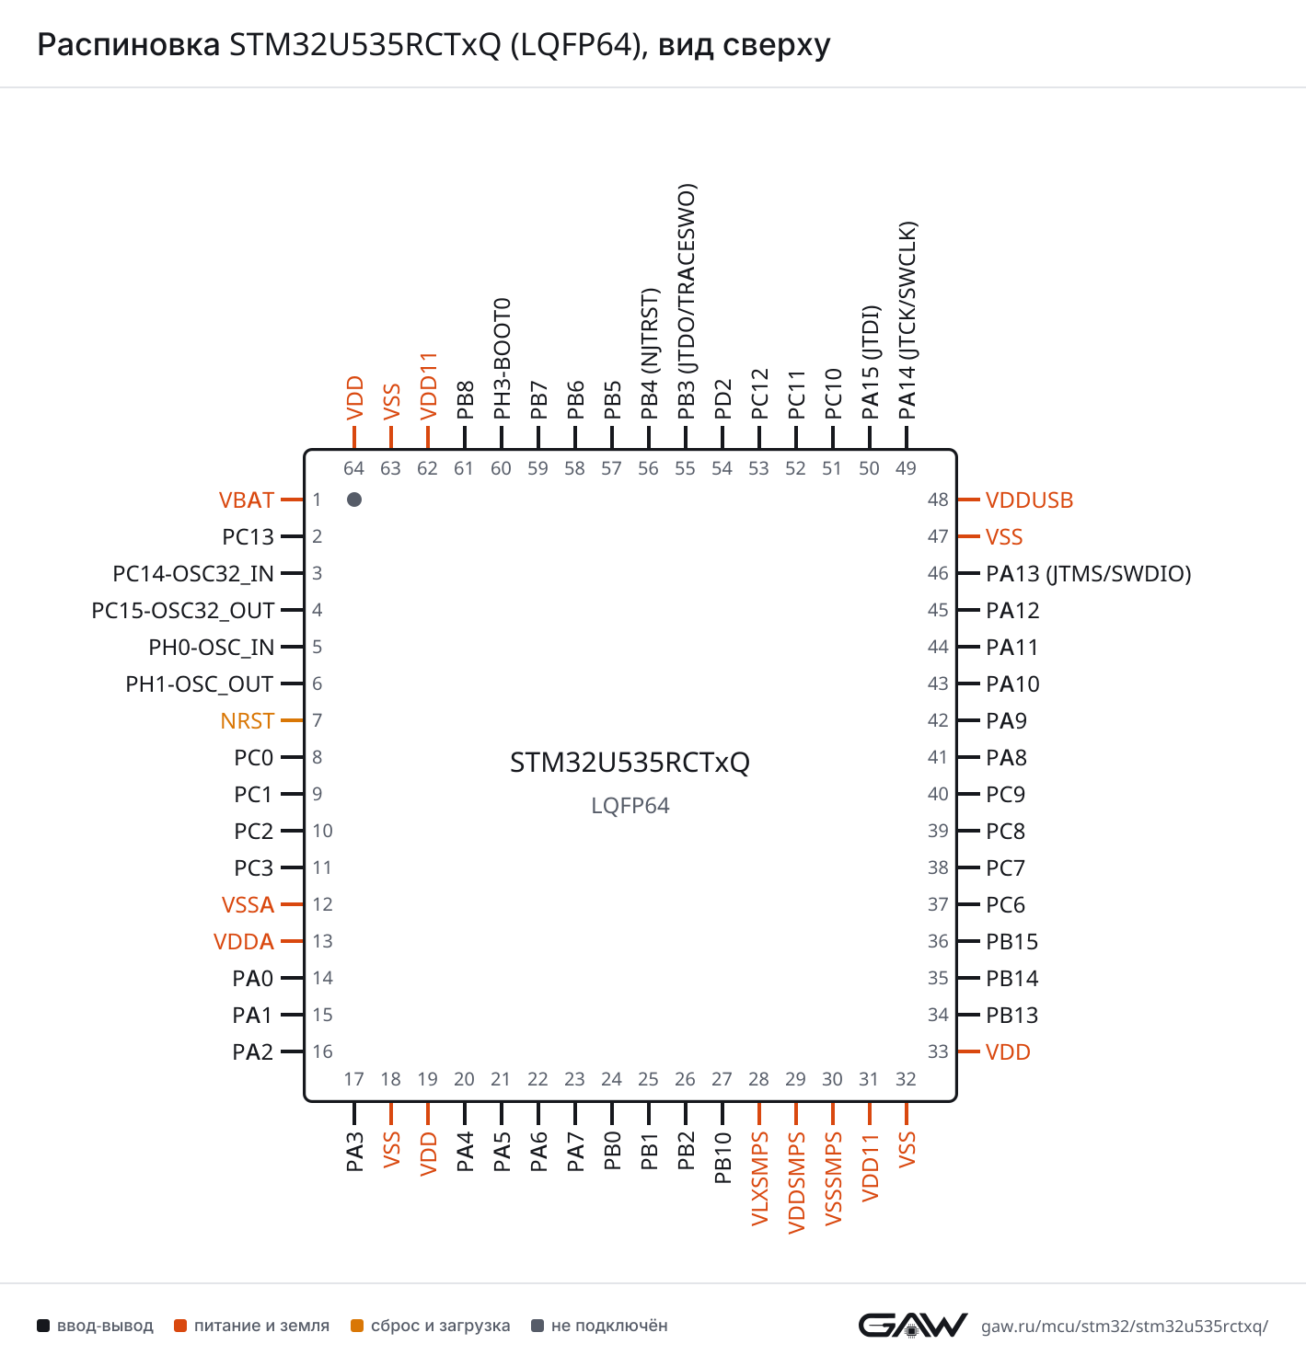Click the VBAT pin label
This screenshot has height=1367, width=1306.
coord(246,500)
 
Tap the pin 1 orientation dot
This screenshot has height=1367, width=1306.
coord(354,500)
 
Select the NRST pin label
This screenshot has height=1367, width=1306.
coord(247,720)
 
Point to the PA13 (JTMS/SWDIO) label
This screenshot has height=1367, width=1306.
coord(1088,574)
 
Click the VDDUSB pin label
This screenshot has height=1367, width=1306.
coord(1029,500)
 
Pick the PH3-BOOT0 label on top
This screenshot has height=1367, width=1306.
coord(502,359)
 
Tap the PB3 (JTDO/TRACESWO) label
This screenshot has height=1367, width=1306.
coord(686,302)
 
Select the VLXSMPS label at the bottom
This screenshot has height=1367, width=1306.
coord(760,1178)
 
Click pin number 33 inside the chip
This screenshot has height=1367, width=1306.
coord(938,1051)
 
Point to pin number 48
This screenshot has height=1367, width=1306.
coord(938,500)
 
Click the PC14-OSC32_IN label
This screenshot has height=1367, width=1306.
coord(193,574)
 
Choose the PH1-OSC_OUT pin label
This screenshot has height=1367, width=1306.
coord(200,684)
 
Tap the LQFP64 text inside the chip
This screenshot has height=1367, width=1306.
coord(630,805)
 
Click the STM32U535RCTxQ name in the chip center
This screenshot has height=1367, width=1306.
coord(630,763)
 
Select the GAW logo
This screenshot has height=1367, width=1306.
coord(912,1326)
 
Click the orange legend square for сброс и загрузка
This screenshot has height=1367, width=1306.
coord(357,1326)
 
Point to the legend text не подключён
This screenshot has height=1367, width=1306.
coord(608,1326)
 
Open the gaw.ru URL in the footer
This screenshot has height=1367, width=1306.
coord(1125,1327)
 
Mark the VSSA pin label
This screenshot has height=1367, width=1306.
coord(248,905)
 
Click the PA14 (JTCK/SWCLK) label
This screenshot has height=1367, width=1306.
coord(907,321)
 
